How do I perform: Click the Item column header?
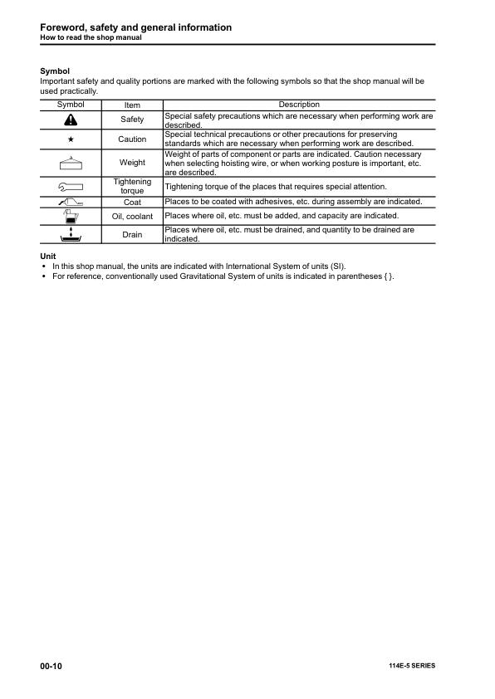[x=132, y=105]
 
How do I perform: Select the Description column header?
[x=299, y=105]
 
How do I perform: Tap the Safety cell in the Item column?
[x=132, y=120]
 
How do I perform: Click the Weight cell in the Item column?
[x=132, y=163]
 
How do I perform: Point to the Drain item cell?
[x=132, y=235]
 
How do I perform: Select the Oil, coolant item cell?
[x=132, y=217]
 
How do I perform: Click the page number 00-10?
[x=51, y=666]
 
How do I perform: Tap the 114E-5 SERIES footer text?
[x=411, y=666]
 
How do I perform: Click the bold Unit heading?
[x=48, y=256]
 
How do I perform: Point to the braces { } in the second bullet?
[x=388, y=276]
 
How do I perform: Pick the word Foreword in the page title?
[x=68, y=27]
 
